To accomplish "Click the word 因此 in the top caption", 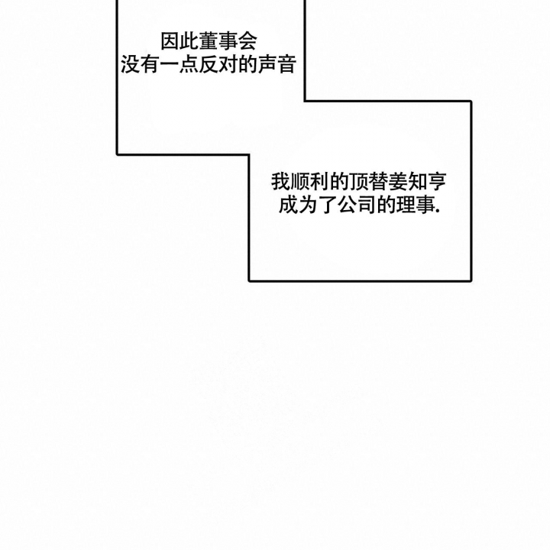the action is point(180,41).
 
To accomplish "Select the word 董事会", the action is point(228,41).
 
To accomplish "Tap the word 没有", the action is point(141,64).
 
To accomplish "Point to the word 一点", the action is point(180,64).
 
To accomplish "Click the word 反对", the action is point(218,64).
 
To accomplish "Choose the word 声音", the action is point(277,64).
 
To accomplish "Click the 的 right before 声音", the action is point(247,64).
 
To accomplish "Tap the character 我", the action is point(280,182).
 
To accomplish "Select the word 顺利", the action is point(309,182).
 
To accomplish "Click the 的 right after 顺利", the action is point(339,182).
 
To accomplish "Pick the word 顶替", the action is point(368,182).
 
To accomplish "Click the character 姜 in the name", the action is point(397,182).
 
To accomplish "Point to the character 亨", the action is point(437,182).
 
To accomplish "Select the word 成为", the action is point(298,205).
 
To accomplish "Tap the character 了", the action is point(327,205).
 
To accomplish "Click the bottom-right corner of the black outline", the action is point(471,280).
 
